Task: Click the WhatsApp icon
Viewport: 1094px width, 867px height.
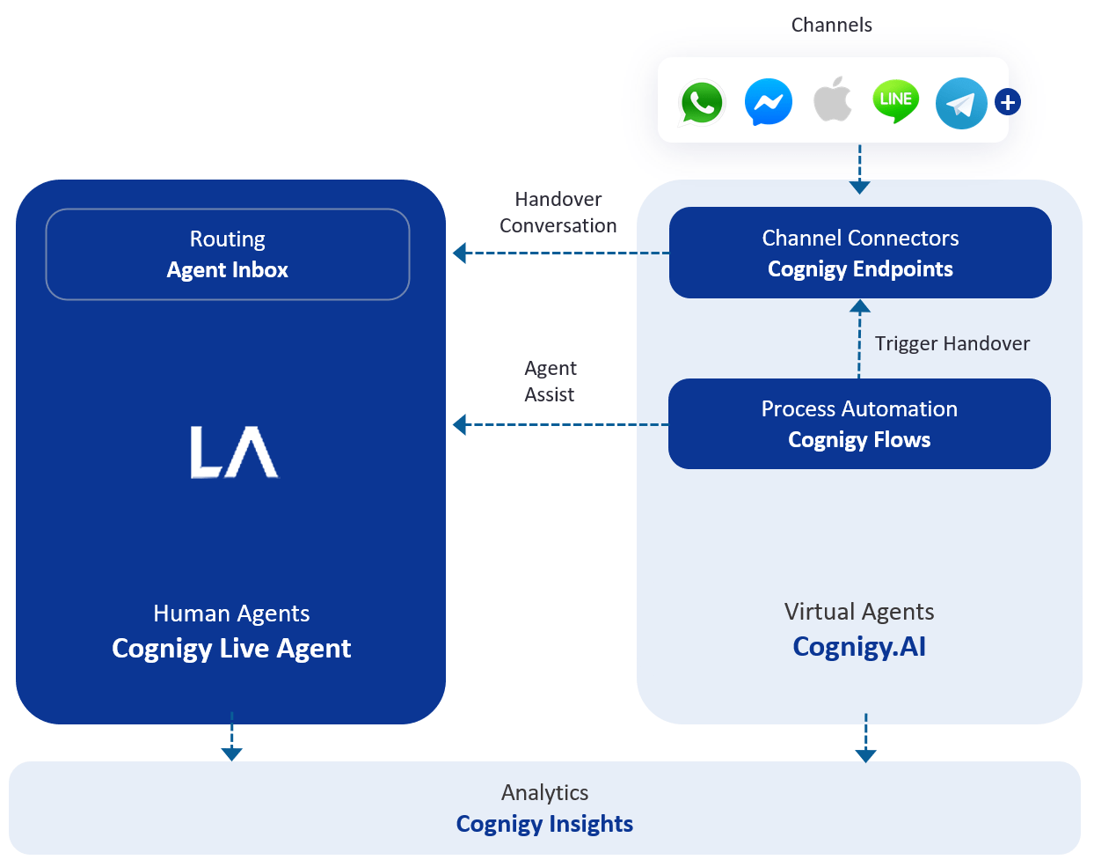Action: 701,102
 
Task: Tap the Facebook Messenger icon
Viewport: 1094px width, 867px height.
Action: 768,102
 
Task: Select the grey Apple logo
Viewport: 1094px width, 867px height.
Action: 832,99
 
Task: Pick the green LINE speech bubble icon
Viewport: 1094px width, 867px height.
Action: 895,100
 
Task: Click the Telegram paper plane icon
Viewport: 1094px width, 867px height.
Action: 961,103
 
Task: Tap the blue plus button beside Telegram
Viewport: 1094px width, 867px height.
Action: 1007,102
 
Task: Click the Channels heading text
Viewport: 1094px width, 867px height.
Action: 831,25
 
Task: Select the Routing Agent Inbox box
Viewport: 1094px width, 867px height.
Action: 227,253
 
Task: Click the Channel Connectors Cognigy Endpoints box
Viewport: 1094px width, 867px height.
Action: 860,253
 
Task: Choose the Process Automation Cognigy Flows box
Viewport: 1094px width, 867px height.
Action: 859,423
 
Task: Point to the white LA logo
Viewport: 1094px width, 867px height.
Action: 234,452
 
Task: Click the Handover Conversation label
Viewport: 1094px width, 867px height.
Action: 558,212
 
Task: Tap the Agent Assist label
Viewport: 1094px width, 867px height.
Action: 550,381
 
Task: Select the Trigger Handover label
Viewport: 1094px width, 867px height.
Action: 952,343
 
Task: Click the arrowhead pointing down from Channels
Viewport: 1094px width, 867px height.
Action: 860,187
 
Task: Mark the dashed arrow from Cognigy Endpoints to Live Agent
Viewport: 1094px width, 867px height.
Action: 561,253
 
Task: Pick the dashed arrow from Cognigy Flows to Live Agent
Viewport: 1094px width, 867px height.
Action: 560,424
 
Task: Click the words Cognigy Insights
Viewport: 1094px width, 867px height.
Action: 544,823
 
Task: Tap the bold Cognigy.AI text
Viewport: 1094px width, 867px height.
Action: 859,646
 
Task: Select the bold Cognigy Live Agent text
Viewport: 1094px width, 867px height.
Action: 231,648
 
